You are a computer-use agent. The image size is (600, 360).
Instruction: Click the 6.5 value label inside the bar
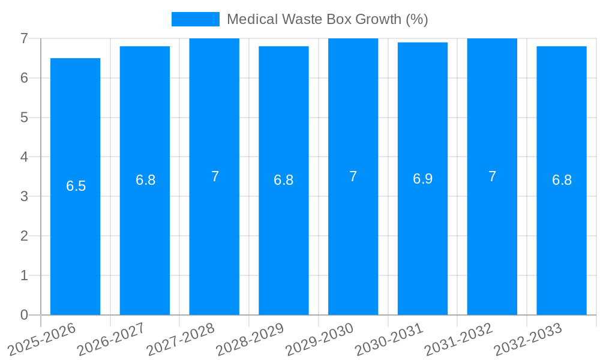(76, 186)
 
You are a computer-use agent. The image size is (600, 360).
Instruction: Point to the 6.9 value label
(422, 179)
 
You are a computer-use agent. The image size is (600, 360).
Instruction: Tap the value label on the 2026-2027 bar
(145, 180)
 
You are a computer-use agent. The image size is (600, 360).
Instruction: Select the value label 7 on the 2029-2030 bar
(353, 176)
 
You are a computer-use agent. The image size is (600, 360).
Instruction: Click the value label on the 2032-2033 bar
(562, 180)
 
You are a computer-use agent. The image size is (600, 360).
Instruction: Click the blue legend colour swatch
(196, 19)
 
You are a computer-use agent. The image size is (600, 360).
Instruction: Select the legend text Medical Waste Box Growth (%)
(327, 19)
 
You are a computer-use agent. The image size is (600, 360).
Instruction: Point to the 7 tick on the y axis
(24, 38)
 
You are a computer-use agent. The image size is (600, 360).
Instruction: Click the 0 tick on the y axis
(24, 315)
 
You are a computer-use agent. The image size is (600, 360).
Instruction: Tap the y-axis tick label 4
(24, 157)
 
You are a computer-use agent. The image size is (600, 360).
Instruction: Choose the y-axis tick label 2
(24, 236)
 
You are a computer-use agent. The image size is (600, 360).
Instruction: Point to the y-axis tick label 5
(24, 118)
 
